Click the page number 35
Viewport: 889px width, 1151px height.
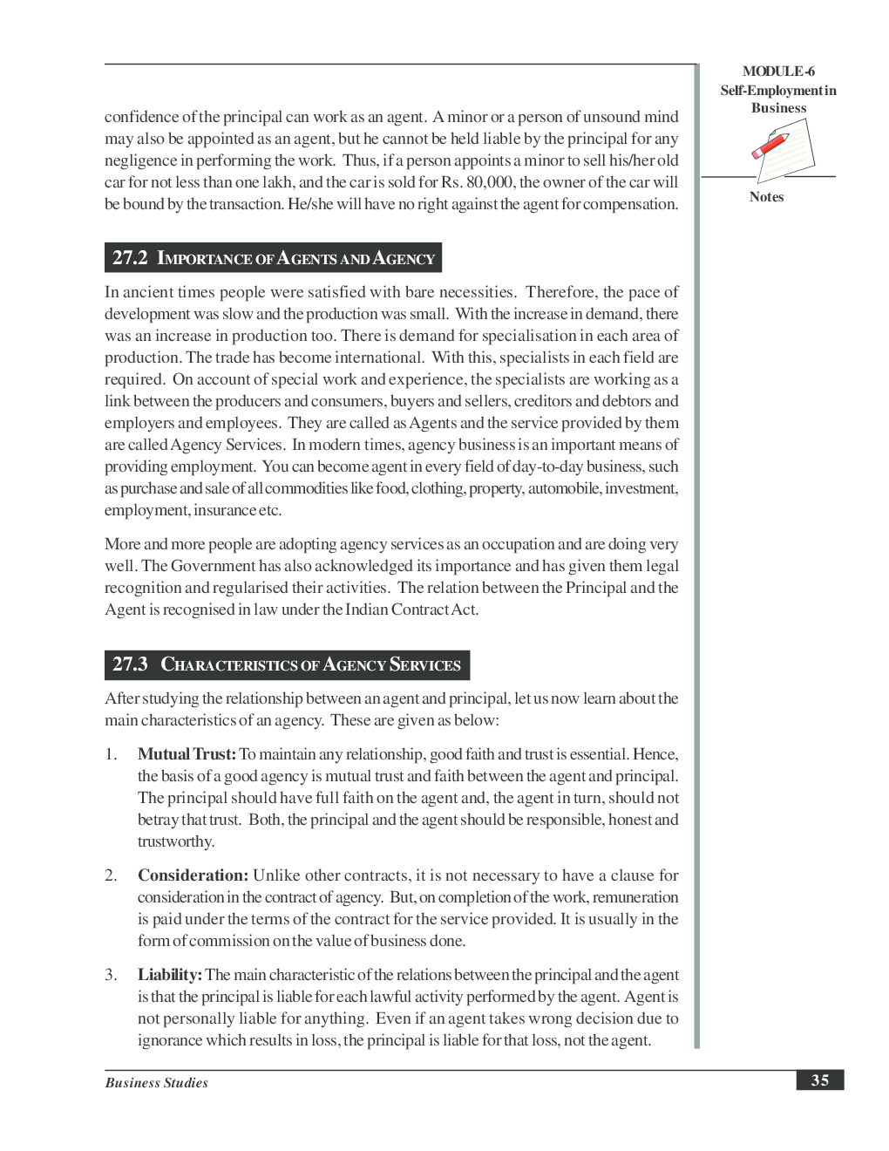819,1080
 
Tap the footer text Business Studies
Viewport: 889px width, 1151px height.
156,1083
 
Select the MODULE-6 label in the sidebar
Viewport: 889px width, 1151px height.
778,72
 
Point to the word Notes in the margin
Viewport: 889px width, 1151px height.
766,197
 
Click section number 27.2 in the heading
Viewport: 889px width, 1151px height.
131,258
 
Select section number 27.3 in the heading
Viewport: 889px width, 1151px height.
131,664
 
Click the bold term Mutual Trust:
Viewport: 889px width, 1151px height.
187,754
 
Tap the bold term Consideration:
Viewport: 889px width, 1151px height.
193,875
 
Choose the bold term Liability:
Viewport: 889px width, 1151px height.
170,975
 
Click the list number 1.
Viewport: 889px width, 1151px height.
111,754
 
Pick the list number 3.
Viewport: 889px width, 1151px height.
111,975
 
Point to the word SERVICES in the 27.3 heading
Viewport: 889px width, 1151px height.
424,665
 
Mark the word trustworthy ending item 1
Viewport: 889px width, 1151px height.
175,841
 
